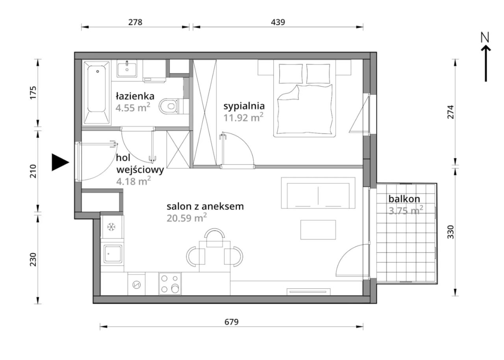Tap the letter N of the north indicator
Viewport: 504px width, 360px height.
point(485,37)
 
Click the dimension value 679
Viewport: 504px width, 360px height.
point(231,322)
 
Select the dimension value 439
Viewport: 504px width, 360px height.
point(278,22)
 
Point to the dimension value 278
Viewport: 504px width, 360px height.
point(135,22)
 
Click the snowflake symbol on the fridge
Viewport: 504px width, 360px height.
point(111,227)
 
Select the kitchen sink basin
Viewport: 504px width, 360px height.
point(113,254)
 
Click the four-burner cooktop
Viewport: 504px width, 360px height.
point(170,284)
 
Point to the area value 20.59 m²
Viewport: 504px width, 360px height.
point(187,218)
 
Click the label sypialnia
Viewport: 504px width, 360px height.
point(244,106)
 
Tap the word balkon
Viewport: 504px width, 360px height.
point(404,199)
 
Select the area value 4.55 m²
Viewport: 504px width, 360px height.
point(133,108)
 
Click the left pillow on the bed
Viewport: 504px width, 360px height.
point(291,74)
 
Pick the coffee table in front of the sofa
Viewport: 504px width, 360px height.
point(318,230)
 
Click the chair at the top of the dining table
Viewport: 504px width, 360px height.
point(215,238)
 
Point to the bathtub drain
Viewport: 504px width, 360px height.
point(97,71)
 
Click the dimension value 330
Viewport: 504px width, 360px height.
point(451,232)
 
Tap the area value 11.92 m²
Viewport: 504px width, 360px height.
point(243,118)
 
